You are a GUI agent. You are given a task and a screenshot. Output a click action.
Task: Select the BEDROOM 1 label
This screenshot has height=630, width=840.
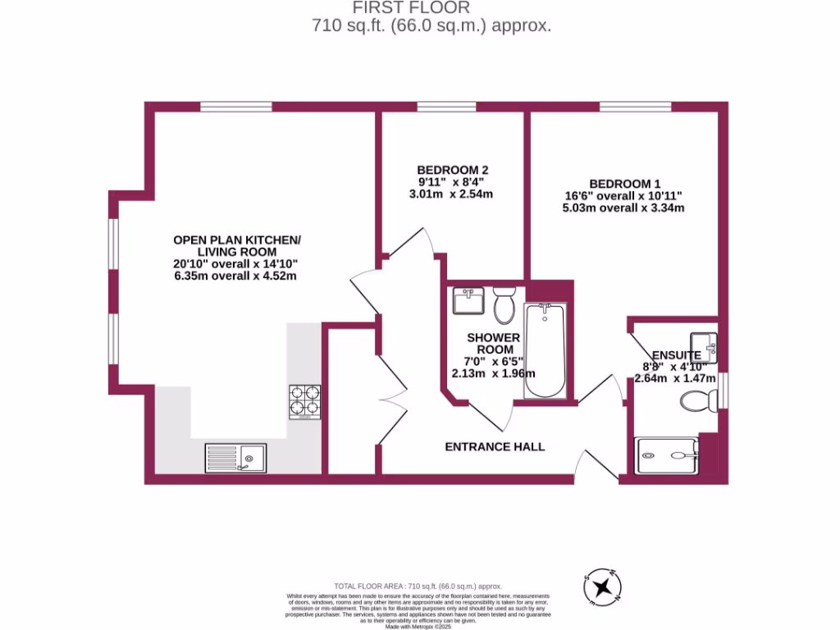click(624, 184)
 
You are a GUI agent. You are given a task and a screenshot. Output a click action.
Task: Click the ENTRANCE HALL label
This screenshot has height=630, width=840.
click(495, 447)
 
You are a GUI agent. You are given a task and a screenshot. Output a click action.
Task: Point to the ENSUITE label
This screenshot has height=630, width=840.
click(677, 355)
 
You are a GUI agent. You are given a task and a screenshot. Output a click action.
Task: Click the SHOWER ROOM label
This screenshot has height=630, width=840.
click(494, 344)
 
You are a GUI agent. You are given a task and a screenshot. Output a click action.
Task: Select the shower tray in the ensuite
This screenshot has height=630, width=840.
click(667, 456)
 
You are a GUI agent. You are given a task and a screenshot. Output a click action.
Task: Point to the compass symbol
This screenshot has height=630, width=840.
click(604, 586)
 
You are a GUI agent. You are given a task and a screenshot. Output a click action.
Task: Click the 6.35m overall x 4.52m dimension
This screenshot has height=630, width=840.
click(235, 276)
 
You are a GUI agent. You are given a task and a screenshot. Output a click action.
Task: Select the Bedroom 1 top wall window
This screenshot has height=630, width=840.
click(635, 106)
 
